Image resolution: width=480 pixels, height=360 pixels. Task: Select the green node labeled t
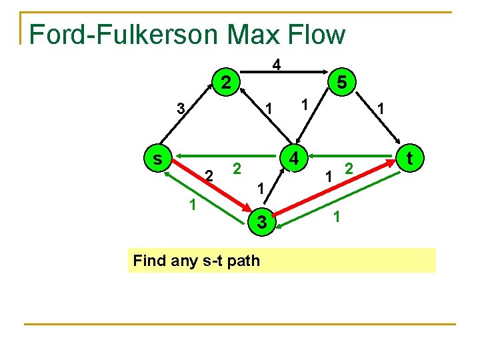[409, 158]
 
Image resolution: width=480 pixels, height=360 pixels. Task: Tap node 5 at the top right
[341, 83]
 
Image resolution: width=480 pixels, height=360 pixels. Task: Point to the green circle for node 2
[226, 83]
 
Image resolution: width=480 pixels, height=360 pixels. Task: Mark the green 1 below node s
[192, 205]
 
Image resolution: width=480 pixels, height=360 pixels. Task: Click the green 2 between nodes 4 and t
[347, 169]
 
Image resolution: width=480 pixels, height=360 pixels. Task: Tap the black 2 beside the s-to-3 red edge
[209, 176]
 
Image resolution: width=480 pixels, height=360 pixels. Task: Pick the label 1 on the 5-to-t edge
[380, 108]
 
